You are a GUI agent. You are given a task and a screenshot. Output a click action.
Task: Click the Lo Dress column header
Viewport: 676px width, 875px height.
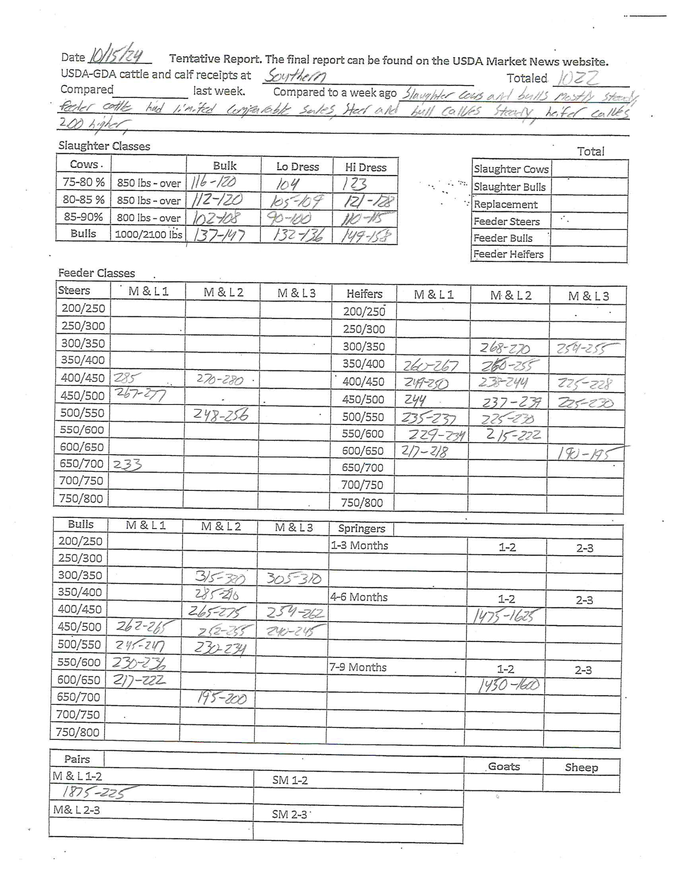pyautogui.click(x=297, y=167)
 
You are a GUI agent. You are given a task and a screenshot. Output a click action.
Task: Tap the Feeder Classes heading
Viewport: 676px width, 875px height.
pyautogui.click(x=96, y=273)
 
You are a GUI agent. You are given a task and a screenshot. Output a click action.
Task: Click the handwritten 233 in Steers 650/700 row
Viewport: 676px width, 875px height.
pyautogui.click(x=127, y=465)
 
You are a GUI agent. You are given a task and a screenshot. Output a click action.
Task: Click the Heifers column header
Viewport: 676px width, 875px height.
pyautogui.click(x=364, y=294)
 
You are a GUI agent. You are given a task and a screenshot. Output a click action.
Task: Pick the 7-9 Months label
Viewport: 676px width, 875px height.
pyautogui.click(x=358, y=667)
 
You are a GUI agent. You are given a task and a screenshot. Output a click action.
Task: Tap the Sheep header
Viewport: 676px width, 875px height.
pyautogui.click(x=581, y=767)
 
